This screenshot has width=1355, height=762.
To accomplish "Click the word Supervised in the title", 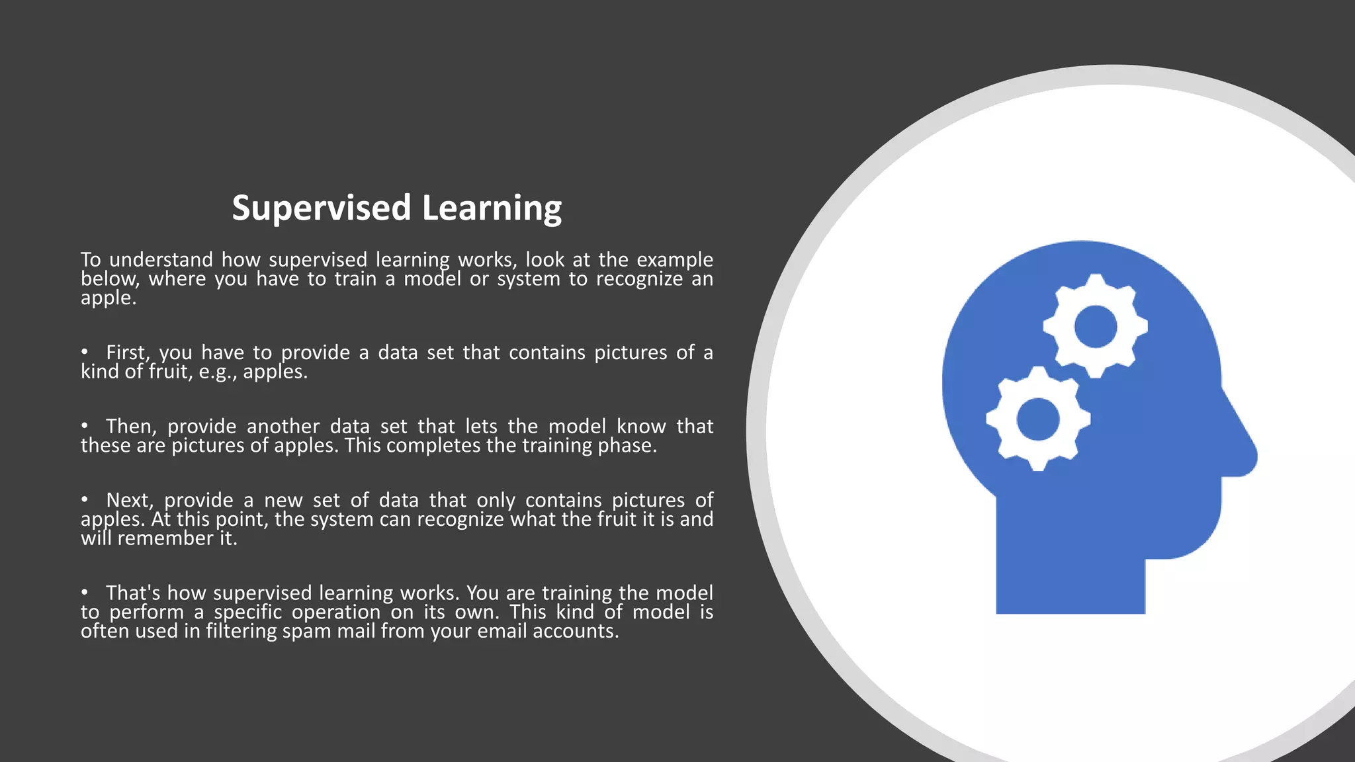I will (322, 208).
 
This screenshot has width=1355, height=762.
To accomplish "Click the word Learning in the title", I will (492, 208).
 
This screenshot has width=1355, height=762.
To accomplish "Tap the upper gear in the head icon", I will (1095, 326).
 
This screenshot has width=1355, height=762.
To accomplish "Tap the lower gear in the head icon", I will (1037, 419).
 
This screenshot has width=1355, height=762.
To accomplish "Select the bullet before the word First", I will (85, 353).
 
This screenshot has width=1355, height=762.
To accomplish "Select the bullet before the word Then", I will (85, 426).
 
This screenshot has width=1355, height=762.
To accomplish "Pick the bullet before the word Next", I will (85, 500).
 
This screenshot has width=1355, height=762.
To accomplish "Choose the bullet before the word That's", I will (85, 593).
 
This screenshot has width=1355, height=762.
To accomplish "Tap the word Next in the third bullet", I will (130, 500).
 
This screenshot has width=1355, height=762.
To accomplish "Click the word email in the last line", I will (502, 631).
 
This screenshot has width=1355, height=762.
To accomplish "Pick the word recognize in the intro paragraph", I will (639, 279).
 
